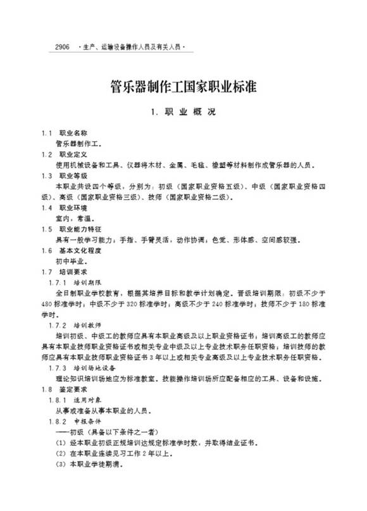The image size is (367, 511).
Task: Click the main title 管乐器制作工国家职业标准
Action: point(183,86)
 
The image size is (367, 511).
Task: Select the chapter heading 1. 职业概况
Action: point(183,112)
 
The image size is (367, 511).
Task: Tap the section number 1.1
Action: point(47,133)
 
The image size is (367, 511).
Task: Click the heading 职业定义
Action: point(72,154)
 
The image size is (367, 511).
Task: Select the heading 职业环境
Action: point(72,207)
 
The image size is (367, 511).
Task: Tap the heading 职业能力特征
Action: point(77,229)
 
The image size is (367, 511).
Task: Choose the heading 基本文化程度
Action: point(77,250)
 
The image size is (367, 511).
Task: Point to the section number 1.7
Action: point(47,272)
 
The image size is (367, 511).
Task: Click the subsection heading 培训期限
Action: point(86,282)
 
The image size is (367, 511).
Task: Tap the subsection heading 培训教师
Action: point(86,325)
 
